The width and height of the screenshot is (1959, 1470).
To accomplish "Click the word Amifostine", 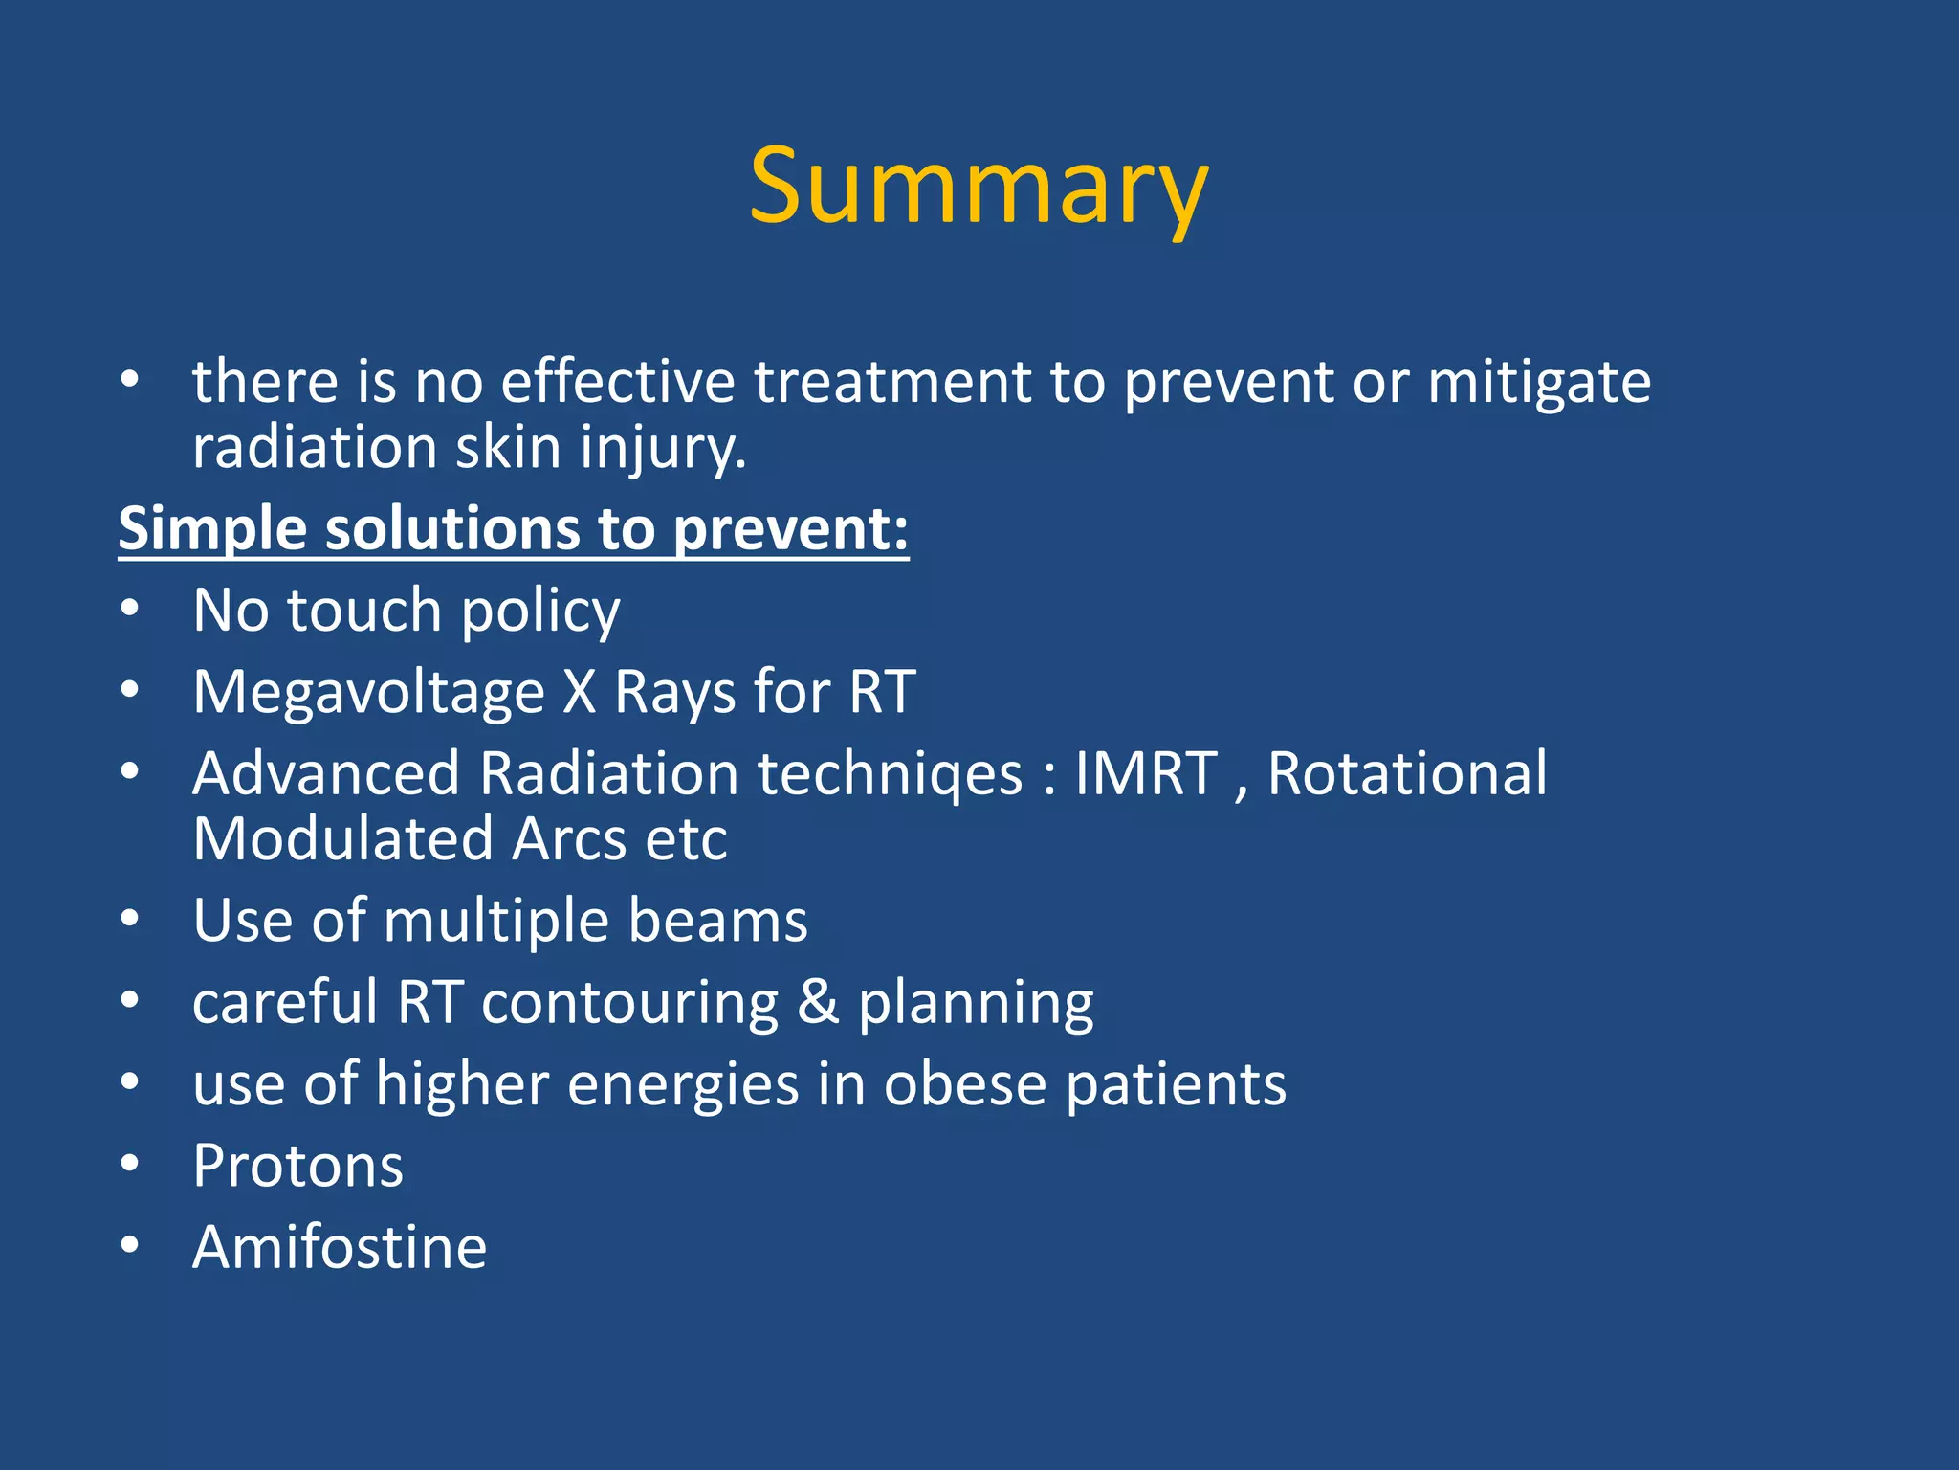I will tap(340, 1247).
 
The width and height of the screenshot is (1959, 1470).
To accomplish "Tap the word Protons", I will tap(297, 1166).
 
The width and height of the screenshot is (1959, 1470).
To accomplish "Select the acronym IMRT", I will tap(1146, 773).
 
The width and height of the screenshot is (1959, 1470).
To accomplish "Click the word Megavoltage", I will tap(368, 692).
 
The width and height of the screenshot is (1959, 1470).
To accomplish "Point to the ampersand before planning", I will tap(818, 1003).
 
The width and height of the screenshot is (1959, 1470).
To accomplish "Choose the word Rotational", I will tap(1407, 773).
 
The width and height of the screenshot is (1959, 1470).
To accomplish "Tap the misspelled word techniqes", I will tap(890, 773).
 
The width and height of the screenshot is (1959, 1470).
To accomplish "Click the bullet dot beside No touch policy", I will tap(130, 610).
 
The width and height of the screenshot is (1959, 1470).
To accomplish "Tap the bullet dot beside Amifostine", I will tap(130, 1246).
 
